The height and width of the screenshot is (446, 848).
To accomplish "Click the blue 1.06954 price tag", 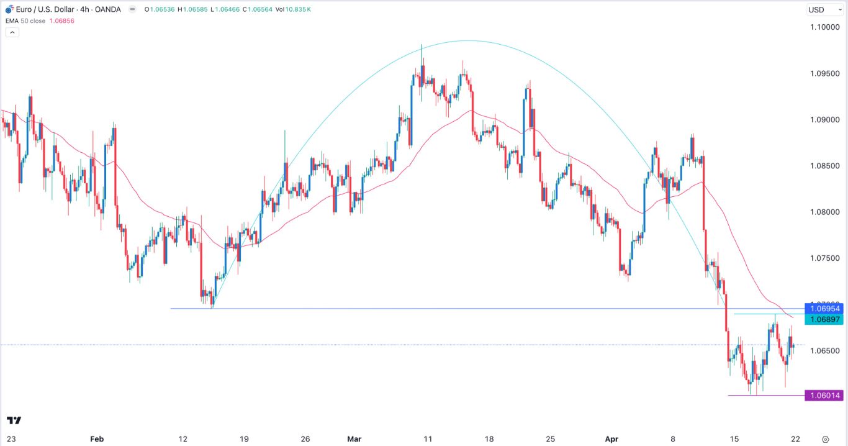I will point(824,309).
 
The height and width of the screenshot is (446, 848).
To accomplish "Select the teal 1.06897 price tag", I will point(824,319).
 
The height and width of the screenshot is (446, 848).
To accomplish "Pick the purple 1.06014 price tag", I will point(824,396).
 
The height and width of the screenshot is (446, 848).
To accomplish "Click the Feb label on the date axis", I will point(96,439).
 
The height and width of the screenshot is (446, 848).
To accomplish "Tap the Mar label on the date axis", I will point(354,439).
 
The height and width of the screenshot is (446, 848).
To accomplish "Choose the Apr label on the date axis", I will point(611,439).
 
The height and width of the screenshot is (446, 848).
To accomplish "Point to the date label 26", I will point(305,439).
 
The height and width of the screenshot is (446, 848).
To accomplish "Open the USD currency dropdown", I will point(819,9).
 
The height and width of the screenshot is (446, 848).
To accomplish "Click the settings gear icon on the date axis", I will point(825,439).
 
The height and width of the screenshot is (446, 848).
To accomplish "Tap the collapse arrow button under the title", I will point(12,32).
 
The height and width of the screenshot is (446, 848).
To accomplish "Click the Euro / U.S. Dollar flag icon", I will point(9,9).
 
